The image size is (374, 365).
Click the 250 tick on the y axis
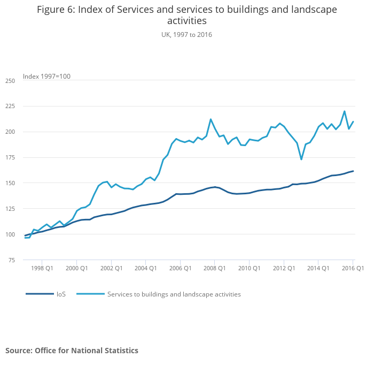10,81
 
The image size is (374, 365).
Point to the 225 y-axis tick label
10,107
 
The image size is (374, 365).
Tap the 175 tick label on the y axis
10,157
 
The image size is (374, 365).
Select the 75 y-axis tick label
11,260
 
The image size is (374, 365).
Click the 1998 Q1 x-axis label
42,268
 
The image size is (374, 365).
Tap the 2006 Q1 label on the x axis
180,268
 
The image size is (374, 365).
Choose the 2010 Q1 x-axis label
249,268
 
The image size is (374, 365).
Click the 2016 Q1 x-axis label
353,268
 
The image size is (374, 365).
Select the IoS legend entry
61,294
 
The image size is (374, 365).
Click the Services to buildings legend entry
174,294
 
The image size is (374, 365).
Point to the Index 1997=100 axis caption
46,77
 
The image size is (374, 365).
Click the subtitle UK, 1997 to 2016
187,34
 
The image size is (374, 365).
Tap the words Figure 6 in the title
56,10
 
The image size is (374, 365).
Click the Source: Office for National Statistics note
72,351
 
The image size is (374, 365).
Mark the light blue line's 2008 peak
211,119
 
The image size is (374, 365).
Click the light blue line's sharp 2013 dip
301,159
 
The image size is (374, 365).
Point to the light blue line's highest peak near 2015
345,111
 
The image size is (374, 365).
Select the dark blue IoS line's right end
353,171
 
